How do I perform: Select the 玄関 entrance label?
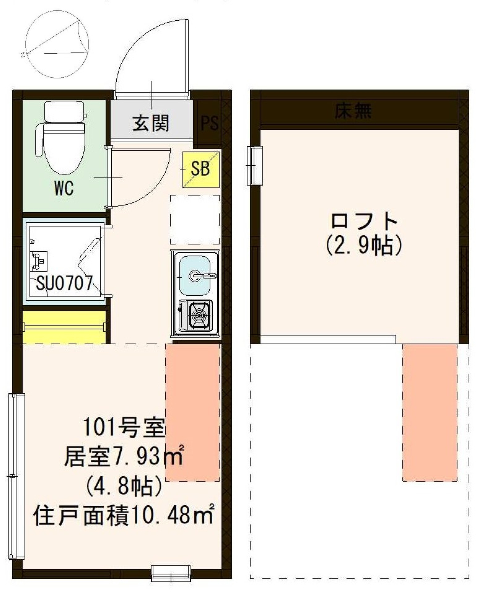[150, 122]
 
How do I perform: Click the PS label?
[210, 123]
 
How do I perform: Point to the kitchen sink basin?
[195, 275]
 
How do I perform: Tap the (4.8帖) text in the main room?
[122, 485]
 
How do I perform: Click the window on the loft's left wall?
[255, 165]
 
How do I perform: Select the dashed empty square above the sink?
[195, 218]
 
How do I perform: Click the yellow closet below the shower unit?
[65, 327]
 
